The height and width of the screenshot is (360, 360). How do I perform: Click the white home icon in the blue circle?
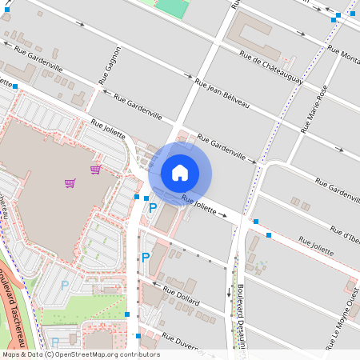pos(180,173)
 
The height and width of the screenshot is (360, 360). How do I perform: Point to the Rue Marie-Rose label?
pos(314,110)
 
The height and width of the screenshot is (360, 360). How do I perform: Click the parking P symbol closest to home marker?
pos(153,208)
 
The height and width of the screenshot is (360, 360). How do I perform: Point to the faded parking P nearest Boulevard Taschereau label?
pos(64,285)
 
